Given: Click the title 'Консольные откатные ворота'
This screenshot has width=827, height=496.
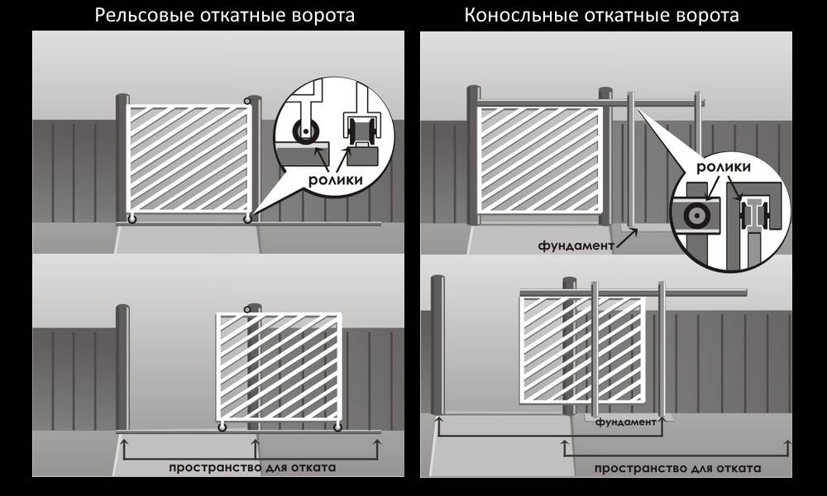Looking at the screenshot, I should tap(601, 15).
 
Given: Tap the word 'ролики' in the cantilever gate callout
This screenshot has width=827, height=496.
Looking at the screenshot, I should tap(724, 167).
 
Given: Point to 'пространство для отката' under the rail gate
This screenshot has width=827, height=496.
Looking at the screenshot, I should tap(251, 467).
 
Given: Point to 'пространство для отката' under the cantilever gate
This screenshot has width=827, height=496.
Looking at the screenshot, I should tap(677, 469).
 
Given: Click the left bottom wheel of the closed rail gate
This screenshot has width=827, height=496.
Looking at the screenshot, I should tap(131, 219).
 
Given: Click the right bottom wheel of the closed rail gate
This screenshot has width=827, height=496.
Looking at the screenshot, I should tap(247, 219).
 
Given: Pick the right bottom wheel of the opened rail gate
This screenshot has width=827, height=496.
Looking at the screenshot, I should tap(337, 427).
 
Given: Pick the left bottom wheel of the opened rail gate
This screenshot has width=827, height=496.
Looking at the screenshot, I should tap(222, 427).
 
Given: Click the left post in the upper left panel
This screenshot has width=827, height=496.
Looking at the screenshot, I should tap(122, 157).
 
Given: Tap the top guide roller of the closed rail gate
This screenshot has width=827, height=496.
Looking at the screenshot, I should tap(247, 101).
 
